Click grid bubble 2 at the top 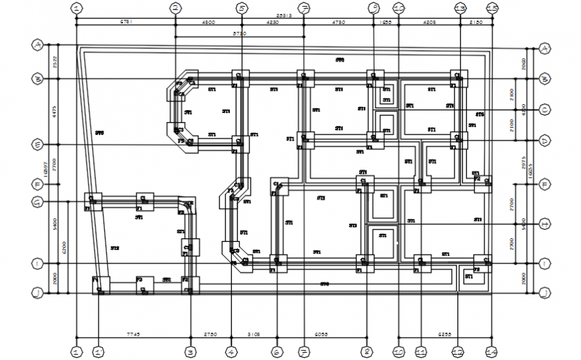[175, 8]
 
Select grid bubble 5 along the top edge [241, 8]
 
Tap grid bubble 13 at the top [459, 8]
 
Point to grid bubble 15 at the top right [492, 8]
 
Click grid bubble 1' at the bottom [99, 351]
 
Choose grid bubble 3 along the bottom [190, 351]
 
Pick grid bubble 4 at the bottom [230, 351]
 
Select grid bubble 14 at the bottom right [492, 351]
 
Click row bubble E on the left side [37, 145]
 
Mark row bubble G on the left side [37, 202]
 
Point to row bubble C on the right [545, 110]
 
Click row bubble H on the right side [545, 224]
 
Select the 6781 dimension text [126, 21]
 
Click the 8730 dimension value [239, 33]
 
